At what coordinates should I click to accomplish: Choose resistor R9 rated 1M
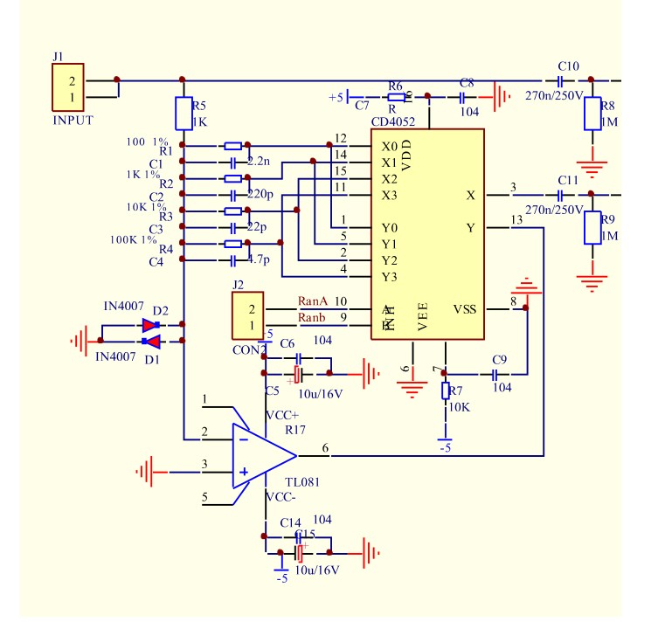[x=592, y=228]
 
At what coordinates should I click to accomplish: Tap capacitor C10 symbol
[x=560, y=79]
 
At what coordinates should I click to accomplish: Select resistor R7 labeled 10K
[x=445, y=391]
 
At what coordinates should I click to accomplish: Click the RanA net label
[x=312, y=301]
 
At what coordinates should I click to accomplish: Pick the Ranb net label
[x=311, y=316]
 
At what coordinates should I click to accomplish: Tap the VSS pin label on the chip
[x=464, y=308]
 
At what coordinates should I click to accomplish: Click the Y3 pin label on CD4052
[x=389, y=277]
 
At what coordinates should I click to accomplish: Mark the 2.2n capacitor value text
[x=260, y=162]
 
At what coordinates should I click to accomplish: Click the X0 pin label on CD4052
[x=389, y=146]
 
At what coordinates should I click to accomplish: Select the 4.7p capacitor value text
[x=260, y=260]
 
